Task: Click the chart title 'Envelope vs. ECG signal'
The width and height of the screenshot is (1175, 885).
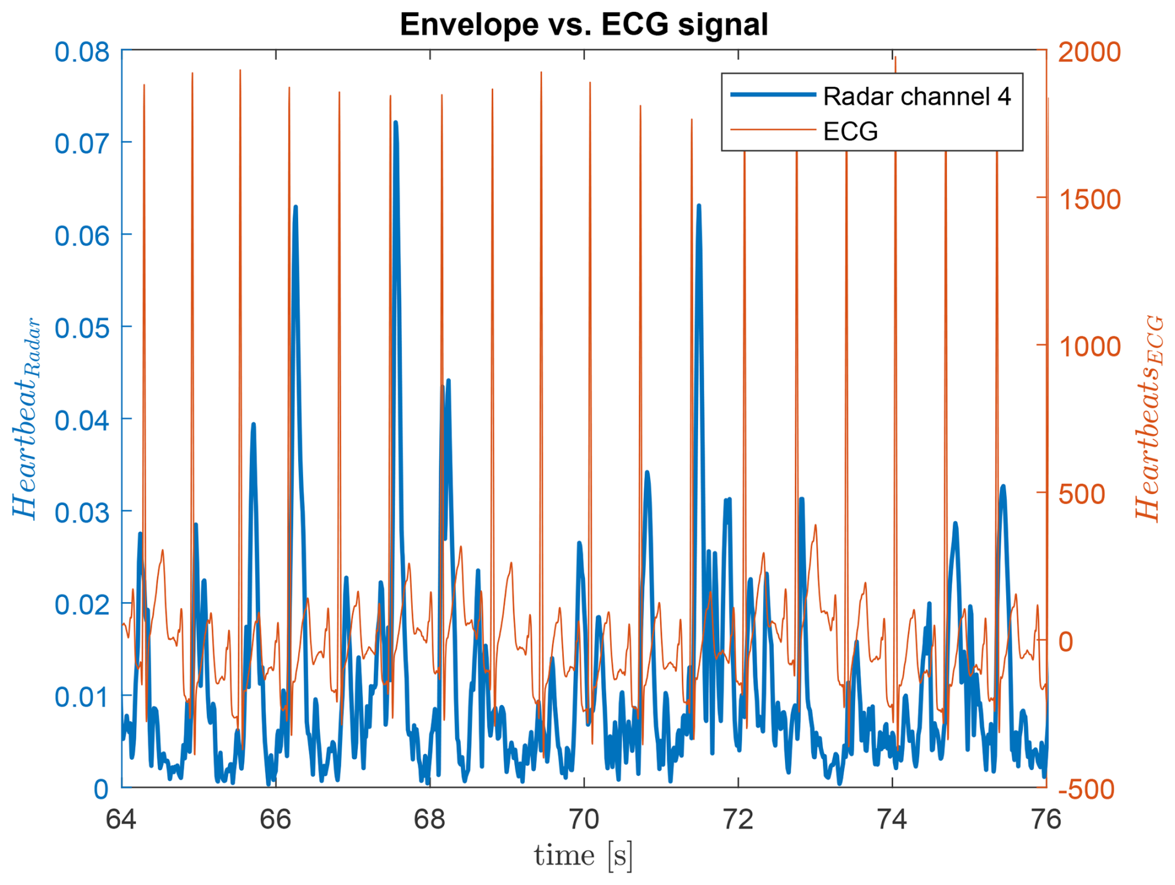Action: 584,25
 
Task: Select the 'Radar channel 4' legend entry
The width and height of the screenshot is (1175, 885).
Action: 917,97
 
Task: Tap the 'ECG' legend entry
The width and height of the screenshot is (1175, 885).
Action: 850,132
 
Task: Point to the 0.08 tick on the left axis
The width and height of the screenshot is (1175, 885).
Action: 81,52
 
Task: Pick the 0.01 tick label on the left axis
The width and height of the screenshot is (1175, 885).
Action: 81,697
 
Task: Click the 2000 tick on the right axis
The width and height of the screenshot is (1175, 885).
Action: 1089,52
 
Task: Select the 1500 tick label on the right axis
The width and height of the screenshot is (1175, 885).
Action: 1089,199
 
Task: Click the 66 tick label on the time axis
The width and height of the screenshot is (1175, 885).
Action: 275,820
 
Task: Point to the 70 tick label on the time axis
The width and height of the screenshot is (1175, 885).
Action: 584,820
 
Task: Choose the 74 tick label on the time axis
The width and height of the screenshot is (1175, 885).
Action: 892,820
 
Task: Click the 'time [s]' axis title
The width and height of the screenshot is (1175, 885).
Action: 583,856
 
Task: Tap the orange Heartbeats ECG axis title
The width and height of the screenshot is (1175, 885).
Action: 1149,419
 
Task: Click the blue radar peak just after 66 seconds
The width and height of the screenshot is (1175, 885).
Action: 296,207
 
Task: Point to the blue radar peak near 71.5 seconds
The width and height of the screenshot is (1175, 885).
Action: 699,206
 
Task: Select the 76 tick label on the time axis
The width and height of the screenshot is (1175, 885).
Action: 1046,820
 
